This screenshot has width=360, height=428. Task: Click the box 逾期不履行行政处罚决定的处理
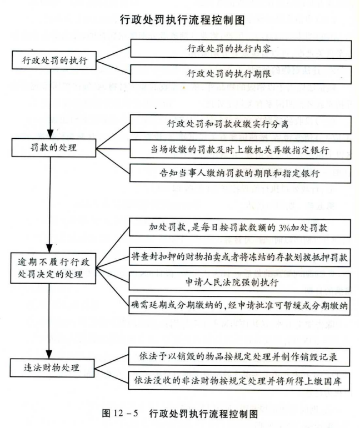coord(51,266)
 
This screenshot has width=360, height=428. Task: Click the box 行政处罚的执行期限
coord(240,73)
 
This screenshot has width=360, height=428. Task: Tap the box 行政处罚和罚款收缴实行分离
coord(240,124)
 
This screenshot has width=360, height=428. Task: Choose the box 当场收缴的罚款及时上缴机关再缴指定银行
coord(240,148)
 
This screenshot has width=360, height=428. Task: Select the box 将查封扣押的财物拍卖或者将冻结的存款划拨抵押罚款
coord(240,258)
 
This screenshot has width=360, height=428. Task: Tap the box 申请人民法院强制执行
coord(240,281)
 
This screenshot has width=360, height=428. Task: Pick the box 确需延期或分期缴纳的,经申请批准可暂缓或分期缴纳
coord(240,306)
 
